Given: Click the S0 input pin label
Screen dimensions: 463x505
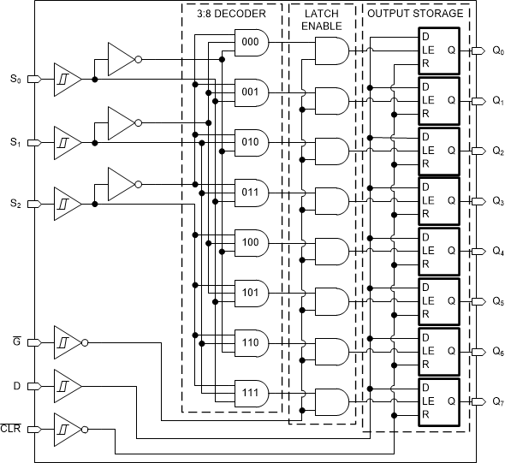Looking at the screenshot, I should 15,80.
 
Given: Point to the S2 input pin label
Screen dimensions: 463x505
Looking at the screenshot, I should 15,204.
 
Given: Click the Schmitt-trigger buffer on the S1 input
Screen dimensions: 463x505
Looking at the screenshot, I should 66,142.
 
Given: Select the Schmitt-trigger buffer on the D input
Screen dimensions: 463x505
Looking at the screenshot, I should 66,386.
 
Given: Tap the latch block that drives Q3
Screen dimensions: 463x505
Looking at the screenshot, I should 438,201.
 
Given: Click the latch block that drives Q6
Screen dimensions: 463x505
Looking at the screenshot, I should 438,352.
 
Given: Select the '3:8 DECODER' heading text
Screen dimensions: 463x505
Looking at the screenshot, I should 231,14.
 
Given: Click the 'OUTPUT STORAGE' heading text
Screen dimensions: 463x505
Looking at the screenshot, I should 415,14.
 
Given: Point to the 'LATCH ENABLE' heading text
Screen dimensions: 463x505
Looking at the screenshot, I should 322,20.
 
